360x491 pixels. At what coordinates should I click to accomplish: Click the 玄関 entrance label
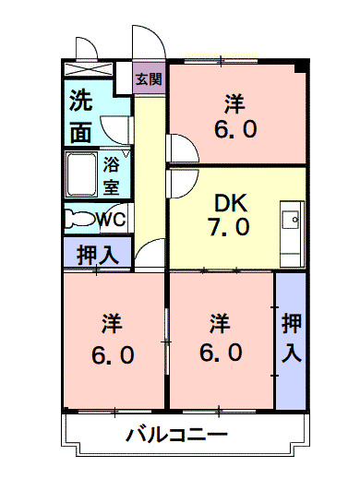tap(147, 80)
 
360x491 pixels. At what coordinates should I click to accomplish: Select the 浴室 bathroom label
tap(112, 175)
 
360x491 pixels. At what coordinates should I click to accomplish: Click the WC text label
tap(112, 220)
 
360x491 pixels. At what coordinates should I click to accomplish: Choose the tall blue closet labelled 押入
tap(290, 339)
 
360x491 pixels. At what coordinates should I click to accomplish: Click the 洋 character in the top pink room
tap(236, 102)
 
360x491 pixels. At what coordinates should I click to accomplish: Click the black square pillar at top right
tap(299, 67)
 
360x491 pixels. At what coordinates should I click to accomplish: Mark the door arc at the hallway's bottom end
tap(148, 256)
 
